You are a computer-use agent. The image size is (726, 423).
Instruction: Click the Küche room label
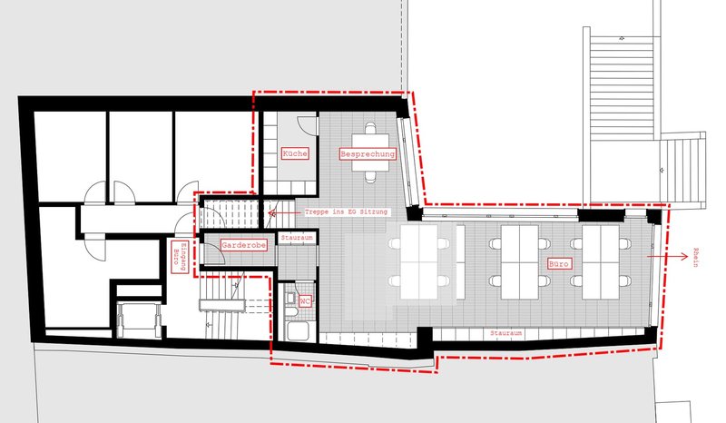tap(294, 153)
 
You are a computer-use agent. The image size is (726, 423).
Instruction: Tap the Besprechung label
tap(368, 153)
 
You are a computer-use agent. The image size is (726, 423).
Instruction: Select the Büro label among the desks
tap(559, 264)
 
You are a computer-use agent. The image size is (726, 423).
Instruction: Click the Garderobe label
tap(243, 245)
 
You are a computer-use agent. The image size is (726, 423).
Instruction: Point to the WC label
tap(305, 301)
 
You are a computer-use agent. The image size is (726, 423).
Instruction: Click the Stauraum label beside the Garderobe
tap(297, 238)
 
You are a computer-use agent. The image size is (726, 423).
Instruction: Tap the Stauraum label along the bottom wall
tap(506, 333)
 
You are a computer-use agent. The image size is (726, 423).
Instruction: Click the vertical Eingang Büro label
tap(180, 256)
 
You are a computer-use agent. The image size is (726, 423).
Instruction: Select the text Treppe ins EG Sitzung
tap(346, 212)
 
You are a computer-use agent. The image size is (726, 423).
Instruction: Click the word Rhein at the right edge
tap(695, 258)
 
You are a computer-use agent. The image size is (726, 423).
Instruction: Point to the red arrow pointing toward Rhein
tap(667, 256)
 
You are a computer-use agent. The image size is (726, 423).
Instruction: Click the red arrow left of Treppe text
tap(284, 213)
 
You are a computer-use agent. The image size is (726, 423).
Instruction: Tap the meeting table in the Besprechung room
tap(370, 152)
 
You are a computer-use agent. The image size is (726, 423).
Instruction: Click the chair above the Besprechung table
tap(370, 128)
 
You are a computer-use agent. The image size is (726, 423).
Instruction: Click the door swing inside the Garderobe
tap(214, 253)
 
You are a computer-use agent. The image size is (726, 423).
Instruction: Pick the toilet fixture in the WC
tap(291, 303)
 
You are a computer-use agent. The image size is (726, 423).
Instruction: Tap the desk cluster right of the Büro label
tap(601, 262)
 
